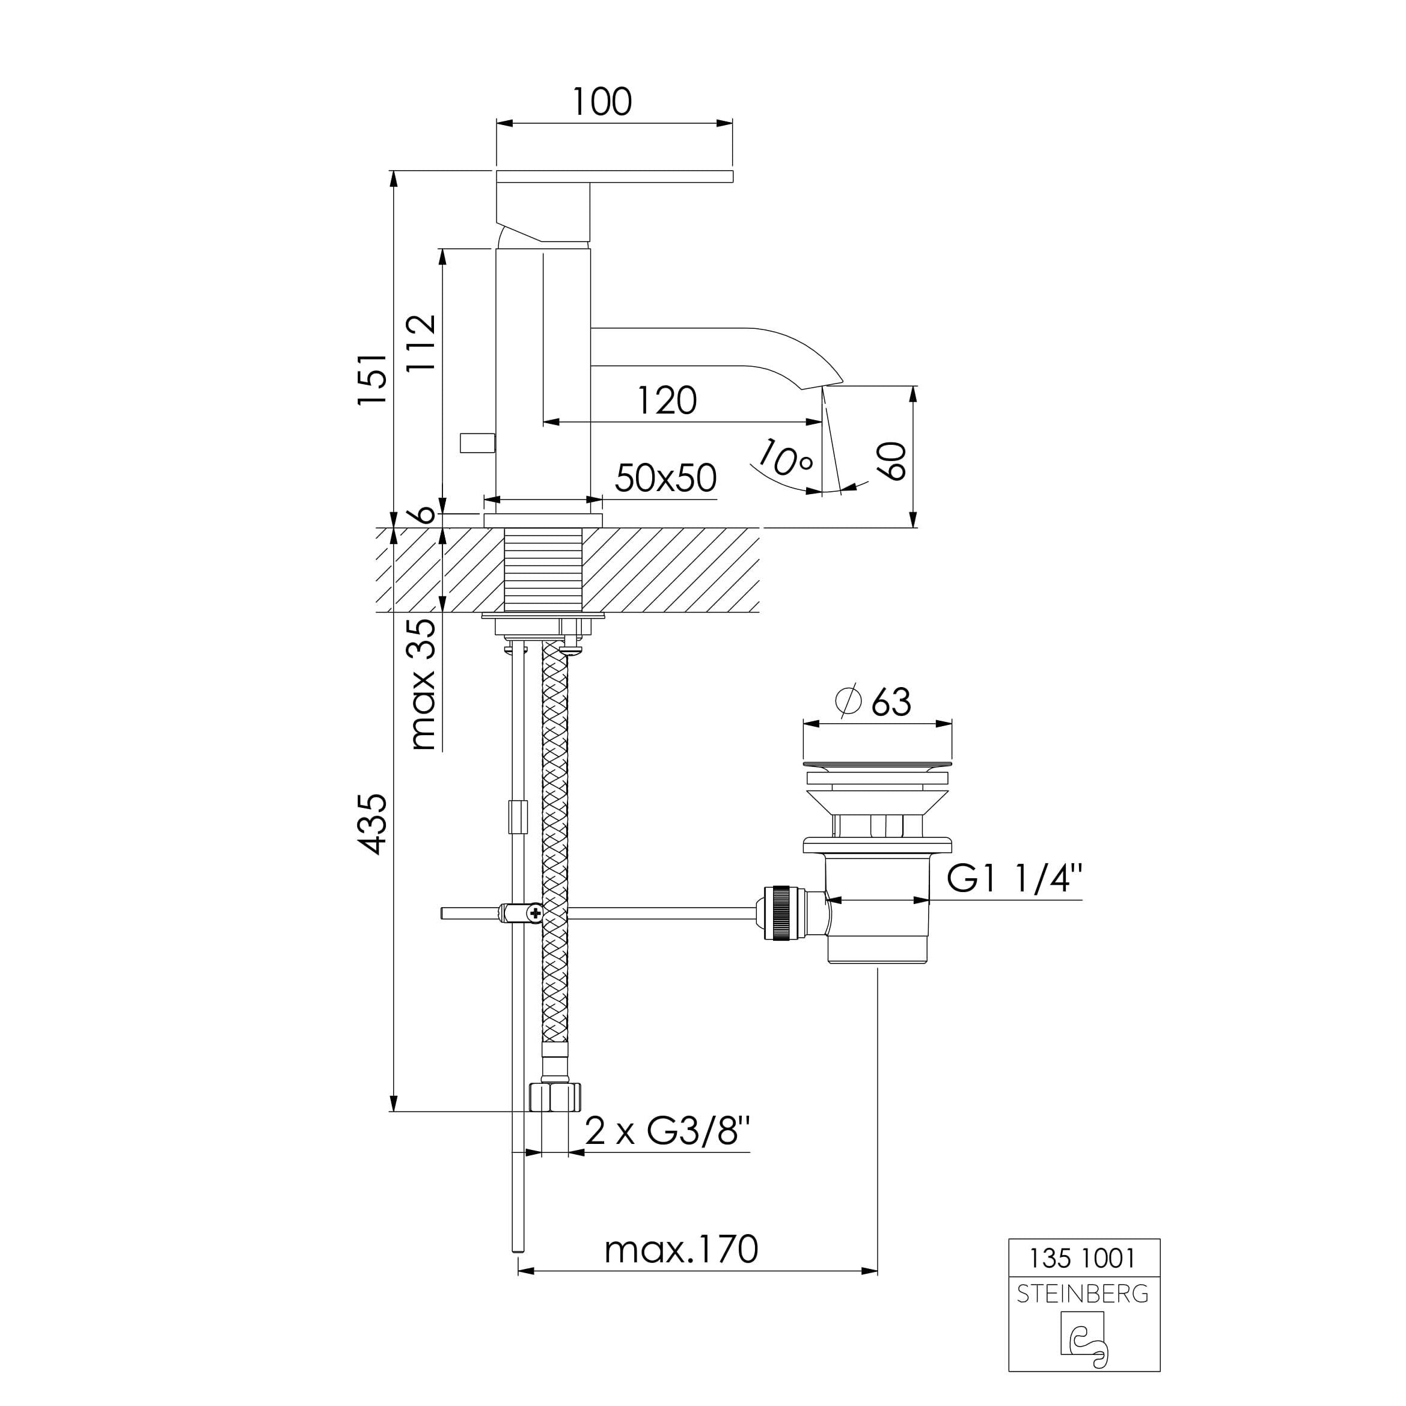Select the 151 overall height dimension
(372, 379)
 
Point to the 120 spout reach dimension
(667, 400)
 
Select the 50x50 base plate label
(666, 478)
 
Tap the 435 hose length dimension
(373, 824)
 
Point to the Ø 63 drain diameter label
(874, 701)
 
